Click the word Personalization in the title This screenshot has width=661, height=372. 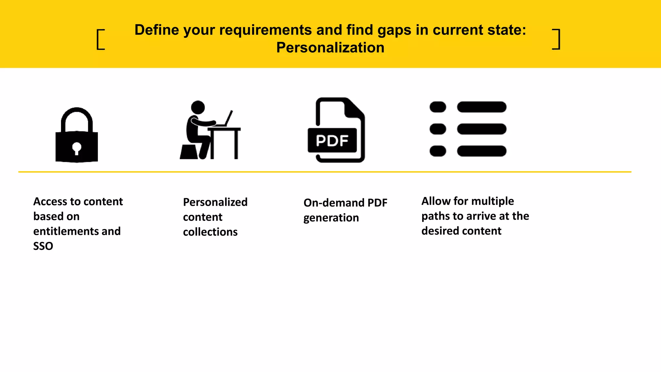click(330, 48)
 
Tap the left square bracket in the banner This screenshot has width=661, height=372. click(100, 39)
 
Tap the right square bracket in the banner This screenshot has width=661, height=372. click(556, 39)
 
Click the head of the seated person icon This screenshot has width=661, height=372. click(198, 107)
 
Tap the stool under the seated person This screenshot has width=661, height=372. click(189, 152)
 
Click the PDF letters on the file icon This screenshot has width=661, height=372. click(332, 141)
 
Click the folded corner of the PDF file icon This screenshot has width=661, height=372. click(354, 108)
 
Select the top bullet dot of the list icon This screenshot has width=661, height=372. click(438, 107)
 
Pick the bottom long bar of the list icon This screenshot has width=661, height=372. click(482, 151)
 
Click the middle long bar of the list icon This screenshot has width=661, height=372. click(482, 129)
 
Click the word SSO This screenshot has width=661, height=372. click(43, 246)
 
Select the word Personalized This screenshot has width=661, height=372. click(215, 202)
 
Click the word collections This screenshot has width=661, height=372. click(210, 232)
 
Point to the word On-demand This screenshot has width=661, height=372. click(334, 203)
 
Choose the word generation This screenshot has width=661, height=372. click(331, 218)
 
